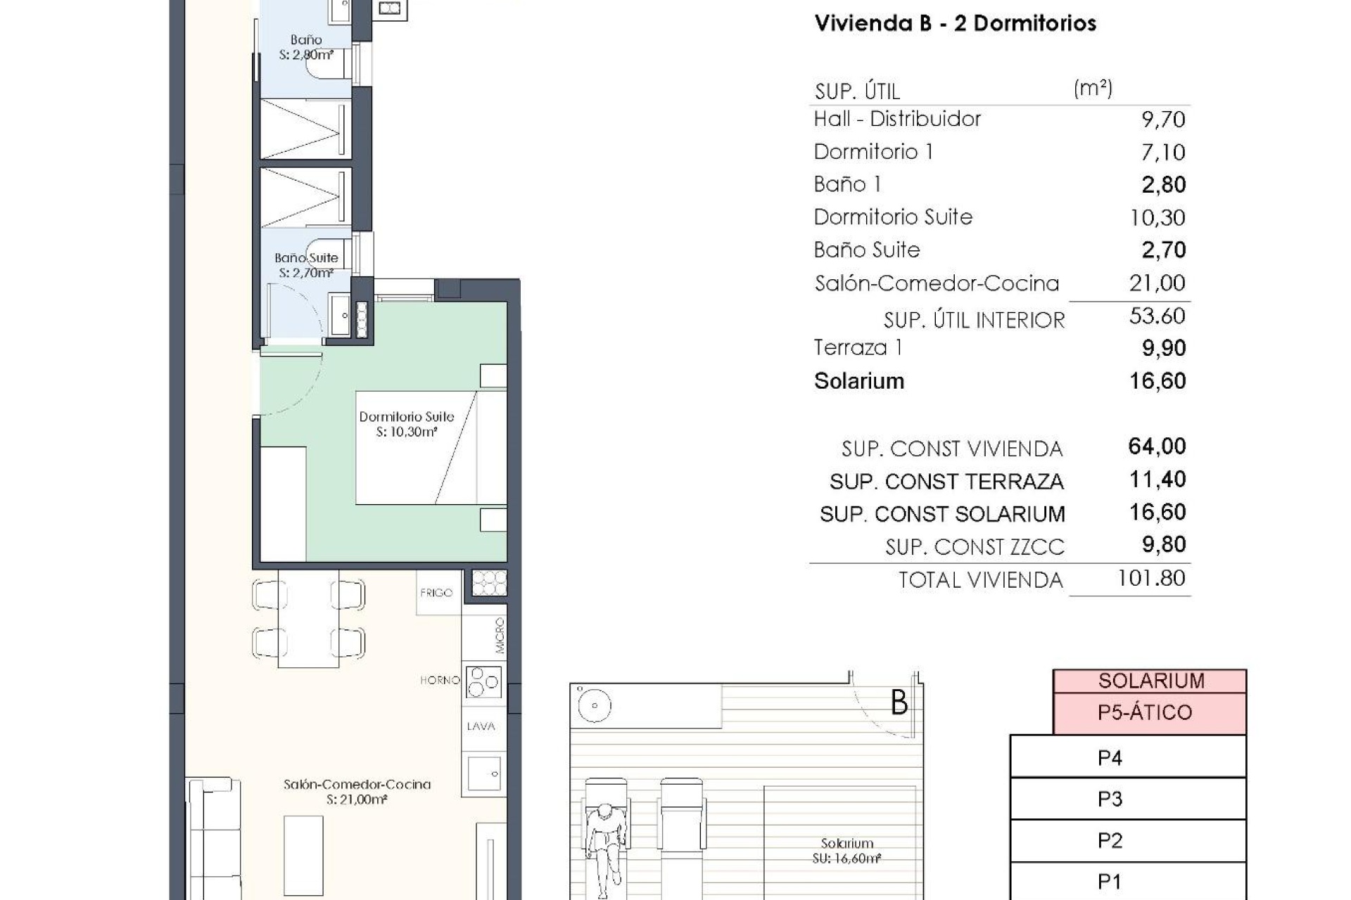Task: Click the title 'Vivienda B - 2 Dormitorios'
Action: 955,23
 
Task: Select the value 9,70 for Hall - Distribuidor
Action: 1162,119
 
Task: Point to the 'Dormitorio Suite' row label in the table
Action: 892,217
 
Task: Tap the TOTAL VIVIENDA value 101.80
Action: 1151,579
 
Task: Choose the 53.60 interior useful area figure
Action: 1157,316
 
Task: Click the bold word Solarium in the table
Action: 858,381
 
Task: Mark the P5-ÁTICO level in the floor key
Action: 1144,713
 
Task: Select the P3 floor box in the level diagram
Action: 1110,799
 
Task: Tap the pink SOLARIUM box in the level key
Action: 1150,681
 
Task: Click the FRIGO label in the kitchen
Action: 436,593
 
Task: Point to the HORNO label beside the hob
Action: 440,680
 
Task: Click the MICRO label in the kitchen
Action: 500,636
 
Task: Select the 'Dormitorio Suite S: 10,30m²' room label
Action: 407,424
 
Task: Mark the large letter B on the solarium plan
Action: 899,702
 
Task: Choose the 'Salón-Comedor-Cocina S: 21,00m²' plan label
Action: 357,792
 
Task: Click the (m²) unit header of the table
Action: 1093,89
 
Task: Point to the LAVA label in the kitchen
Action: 481,726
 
